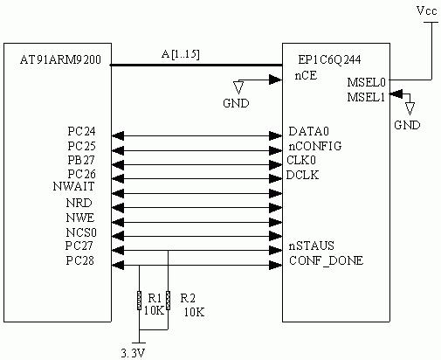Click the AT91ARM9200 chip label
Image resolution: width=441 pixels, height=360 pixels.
[60, 59]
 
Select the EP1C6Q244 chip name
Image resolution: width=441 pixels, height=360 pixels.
[329, 59]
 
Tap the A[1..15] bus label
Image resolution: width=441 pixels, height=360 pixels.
[181, 54]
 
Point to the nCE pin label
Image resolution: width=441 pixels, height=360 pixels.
[306, 76]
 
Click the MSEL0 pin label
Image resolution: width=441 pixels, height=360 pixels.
[367, 82]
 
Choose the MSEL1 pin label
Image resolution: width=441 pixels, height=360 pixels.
[366, 97]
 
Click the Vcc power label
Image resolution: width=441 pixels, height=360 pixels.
[427, 11]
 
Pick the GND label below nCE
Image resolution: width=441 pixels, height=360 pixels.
[236, 103]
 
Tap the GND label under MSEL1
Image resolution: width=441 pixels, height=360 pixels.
[407, 125]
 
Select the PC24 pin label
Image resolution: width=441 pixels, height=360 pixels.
[81, 131]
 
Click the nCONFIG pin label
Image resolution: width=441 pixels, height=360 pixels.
[315, 146]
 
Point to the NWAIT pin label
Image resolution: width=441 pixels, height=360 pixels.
[74, 186]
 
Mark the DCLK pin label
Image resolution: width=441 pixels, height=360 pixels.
[302, 175]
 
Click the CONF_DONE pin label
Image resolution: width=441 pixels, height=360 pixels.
[327, 260]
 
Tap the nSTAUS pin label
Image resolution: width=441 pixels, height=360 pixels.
[312, 246]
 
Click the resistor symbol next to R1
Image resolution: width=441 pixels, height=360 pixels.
[139, 301]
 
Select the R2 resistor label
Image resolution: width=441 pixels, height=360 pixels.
[188, 298]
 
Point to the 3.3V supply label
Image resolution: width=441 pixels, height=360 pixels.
[133, 353]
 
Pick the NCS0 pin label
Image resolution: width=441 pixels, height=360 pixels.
[81, 232]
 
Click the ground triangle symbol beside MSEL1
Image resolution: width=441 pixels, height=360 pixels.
[410, 109]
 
